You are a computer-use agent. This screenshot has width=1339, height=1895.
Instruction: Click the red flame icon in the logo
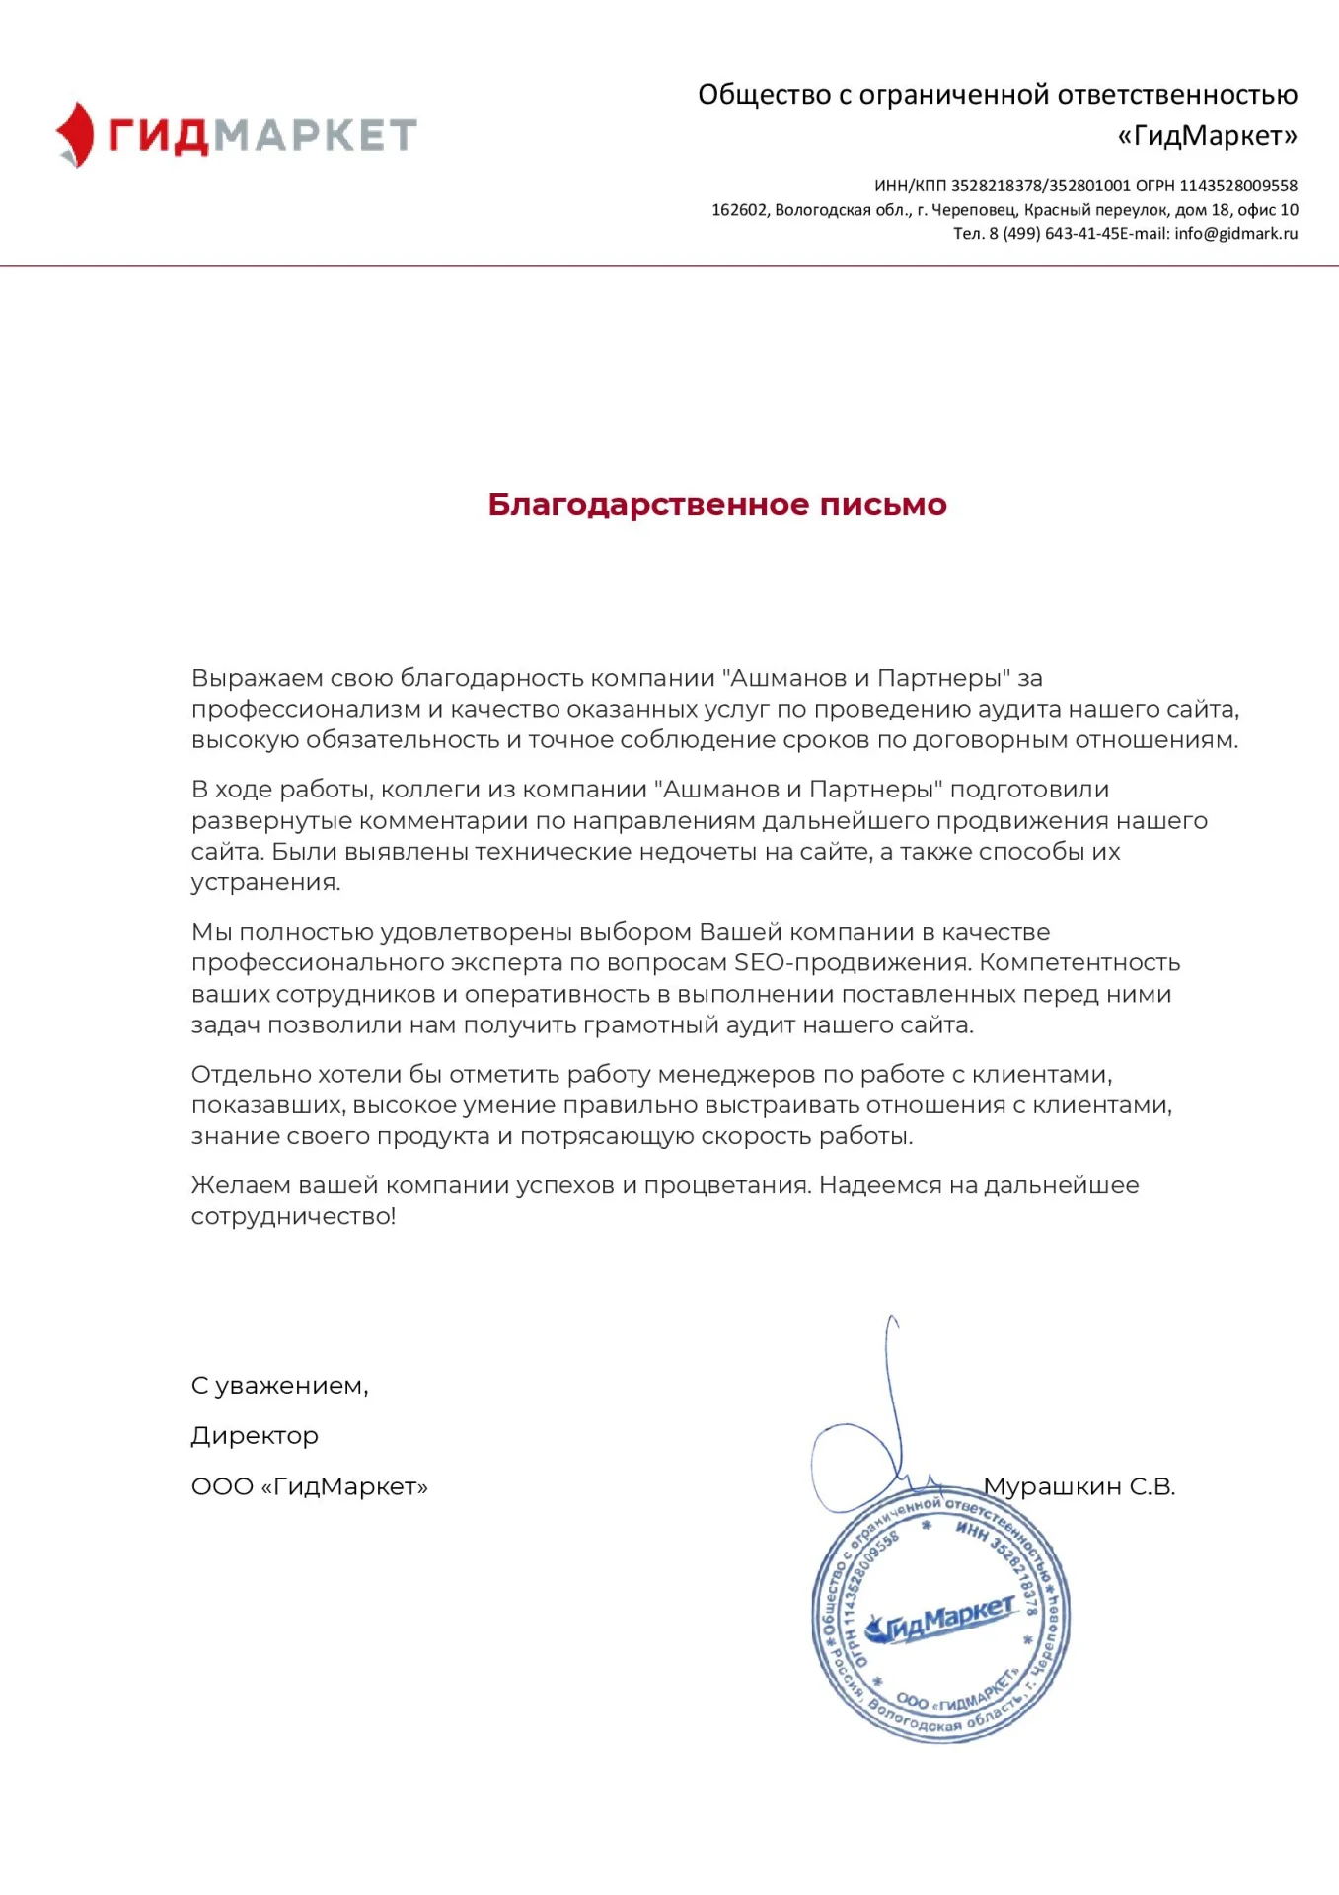pyautogui.click(x=75, y=134)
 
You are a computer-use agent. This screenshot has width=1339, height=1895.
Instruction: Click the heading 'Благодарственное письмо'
pyautogui.click(x=716, y=504)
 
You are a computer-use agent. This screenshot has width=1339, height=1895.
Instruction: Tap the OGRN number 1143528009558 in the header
pyautogui.click(x=1238, y=186)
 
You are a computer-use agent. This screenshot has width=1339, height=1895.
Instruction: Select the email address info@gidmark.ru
pyautogui.click(x=1235, y=234)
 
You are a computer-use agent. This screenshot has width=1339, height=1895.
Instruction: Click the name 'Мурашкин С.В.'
pyautogui.click(x=1079, y=1486)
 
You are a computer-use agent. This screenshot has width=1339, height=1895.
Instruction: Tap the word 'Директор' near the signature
pyautogui.click(x=255, y=1436)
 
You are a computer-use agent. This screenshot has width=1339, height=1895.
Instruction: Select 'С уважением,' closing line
pyautogui.click(x=279, y=1386)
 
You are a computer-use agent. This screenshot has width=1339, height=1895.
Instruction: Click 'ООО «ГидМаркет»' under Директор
pyautogui.click(x=309, y=1486)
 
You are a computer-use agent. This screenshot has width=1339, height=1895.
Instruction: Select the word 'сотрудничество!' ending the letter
pyautogui.click(x=293, y=1216)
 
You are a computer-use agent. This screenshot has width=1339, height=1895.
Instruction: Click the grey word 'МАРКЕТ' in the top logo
pyautogui.click(x=316, y=135)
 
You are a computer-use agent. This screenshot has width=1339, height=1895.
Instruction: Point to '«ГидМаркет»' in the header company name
pyautogui.click(x=1207, y=135)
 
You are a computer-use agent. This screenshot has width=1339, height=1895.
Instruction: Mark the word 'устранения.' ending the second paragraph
pyautogui.click(x=265, y=882)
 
